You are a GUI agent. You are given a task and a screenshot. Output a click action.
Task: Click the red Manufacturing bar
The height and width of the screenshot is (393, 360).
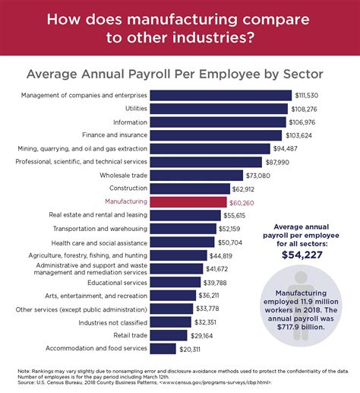[188, 202]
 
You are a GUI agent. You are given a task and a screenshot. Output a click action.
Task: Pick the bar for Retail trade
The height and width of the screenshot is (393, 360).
[169, 335]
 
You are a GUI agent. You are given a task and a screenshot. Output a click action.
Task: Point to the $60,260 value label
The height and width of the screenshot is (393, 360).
[243, 202]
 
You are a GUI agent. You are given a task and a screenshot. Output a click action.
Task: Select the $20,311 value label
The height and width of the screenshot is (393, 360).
[191, 349]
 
